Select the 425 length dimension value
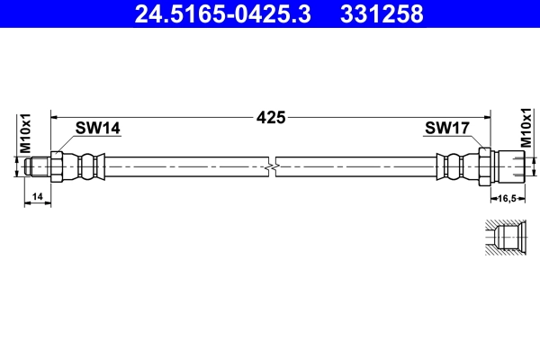point(271,117)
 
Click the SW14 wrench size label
point(97,129)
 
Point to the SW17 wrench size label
point(446,129)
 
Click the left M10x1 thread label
point(26,132)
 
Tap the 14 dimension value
point(37,195)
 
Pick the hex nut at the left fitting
point(57,166)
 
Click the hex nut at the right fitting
point(485,166)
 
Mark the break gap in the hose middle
point(272,166)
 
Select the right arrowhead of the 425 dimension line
point(486,117)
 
